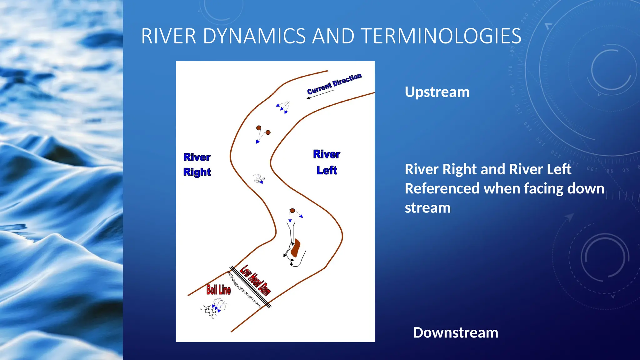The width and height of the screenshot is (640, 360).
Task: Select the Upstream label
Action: tap(437, 92)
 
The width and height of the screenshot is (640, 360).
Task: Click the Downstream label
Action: tap(455, 332)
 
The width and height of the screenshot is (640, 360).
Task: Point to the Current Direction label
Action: tap(334, 83)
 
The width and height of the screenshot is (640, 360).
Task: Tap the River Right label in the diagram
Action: tap(197, 164)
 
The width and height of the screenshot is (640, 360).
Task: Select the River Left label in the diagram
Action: tap(327, 162)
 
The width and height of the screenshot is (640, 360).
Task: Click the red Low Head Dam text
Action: tap(255, 280)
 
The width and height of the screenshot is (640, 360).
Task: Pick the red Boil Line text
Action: tap(218, 290)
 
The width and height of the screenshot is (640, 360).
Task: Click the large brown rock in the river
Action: tap(295, 248)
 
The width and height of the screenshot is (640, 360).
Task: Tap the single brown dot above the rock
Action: tap(292, 211)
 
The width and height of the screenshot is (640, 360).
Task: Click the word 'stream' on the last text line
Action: tap(427, 208)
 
